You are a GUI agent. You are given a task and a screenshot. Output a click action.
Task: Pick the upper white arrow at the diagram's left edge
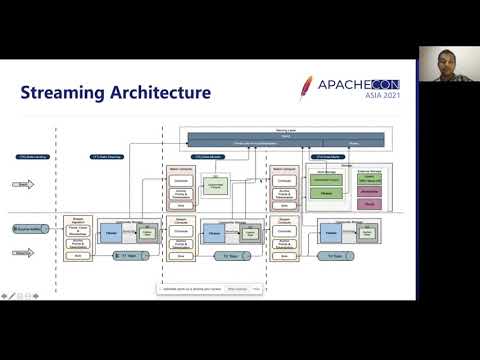click(x=24, y=184)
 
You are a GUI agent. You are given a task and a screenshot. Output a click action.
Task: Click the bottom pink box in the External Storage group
click(x=368, y=203)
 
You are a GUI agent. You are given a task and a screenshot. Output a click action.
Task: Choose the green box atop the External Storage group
click(x=368, y=179)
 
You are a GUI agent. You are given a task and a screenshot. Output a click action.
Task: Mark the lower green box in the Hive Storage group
click(x=326, y=192)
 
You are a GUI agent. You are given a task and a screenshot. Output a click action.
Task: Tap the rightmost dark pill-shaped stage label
click(x=329, y=157)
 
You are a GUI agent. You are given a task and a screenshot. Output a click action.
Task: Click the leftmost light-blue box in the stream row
click(x=111, y=233)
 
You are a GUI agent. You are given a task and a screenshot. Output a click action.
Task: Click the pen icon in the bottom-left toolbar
click(x=12, y=295)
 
